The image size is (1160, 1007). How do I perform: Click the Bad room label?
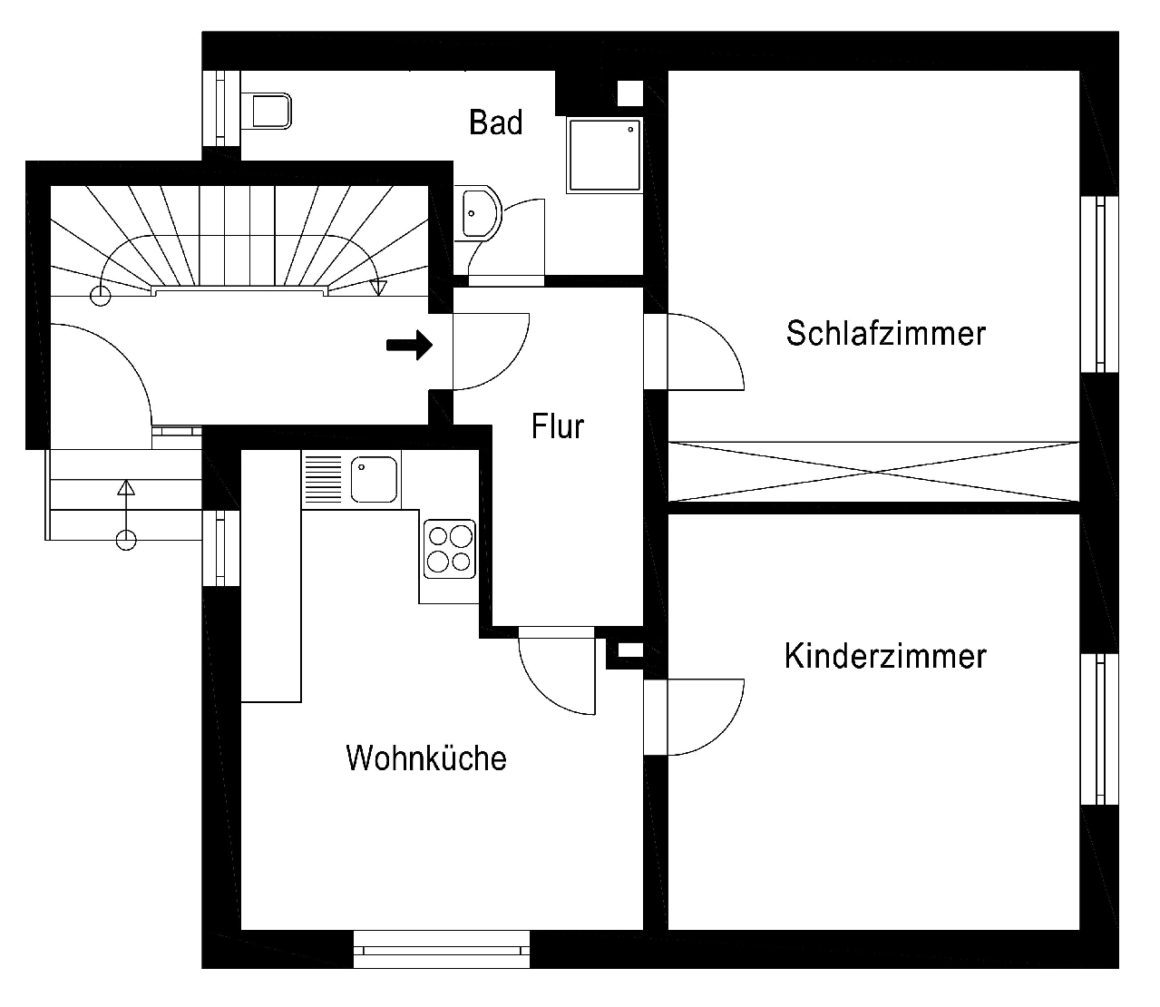pyautogui.click(x=495, y=122)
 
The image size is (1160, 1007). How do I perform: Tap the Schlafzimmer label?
pyautogui.click(x=885, y=334)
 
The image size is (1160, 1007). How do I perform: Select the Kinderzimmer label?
pyautogui.click(x=885, y=657)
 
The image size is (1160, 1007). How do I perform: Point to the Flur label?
pyautogui.click(x=557, y=426)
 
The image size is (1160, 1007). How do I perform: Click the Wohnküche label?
pyautogui.click(x=426, y=758)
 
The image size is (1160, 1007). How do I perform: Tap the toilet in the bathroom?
pyautogui.click(x=267, y=111)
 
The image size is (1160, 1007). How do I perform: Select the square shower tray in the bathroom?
pyautogui.click(x=604, y=155)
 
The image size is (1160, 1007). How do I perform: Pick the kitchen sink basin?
pyautogui.click(x=374, y=480)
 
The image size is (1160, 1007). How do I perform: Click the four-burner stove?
pyautogui.click(x=450, y=549)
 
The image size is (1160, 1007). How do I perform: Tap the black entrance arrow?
pyautogui.click(x=409, y=345)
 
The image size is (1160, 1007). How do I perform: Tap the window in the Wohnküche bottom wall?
pyautogui.click(x=442, y=949)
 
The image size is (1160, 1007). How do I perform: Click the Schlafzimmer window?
pyautogui.click(x=1099, y=284)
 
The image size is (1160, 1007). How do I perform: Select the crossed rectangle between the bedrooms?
pyautogui.click(x=873, y=472)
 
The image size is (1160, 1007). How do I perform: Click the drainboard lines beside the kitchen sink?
pyautogui.click(x=323, y=480)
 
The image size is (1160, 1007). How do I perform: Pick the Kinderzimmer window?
pyautogui.click(x=1099, y=729)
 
